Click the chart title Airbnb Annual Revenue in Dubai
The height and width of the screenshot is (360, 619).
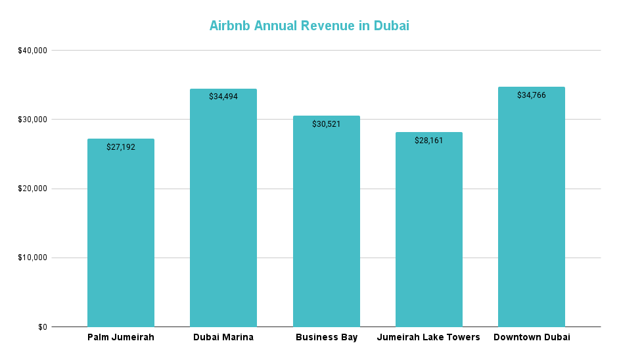309,26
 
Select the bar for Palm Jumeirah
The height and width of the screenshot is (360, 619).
121,236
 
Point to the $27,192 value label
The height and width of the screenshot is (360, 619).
121,147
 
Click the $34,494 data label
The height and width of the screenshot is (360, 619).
223,97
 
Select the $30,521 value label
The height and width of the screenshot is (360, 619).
326,124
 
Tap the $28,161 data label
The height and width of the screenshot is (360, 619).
428,141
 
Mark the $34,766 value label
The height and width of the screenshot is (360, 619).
531,95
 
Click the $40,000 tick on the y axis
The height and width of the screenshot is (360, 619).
32,51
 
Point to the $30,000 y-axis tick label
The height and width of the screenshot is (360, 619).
32,120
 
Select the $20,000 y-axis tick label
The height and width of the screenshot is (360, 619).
32,189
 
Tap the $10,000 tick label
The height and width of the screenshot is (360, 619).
32,258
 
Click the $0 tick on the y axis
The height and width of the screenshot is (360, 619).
42,326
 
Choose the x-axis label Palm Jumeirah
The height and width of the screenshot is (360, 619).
121,338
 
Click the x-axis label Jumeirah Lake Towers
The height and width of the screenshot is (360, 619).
428,338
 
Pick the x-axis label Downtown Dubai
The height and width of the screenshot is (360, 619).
531,338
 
